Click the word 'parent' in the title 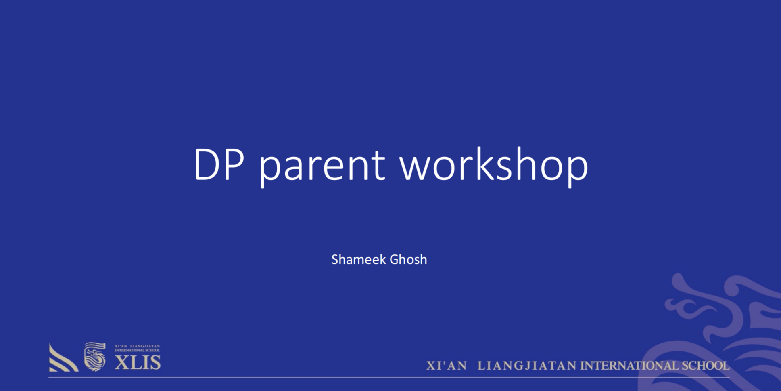322,167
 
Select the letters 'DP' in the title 219,164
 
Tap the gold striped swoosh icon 63,357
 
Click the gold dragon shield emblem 95,357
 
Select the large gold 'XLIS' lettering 138,363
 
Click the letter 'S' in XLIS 156,363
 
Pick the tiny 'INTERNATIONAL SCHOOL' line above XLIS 137,351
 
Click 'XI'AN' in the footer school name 447,366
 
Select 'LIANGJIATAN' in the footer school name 527,366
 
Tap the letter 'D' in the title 208,164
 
